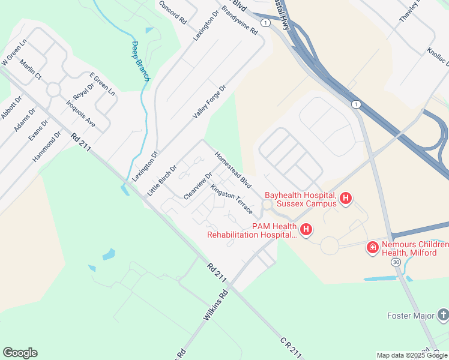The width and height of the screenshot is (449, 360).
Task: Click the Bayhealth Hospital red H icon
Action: click(x=345, y=199)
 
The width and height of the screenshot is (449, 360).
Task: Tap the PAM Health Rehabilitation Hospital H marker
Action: click(x=306, y=230)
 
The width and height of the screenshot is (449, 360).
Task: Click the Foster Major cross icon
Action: click(x=442, y=315)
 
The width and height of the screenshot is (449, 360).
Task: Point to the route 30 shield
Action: click(x=395, y=262)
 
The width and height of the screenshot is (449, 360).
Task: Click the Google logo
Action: click(x=20, y=353)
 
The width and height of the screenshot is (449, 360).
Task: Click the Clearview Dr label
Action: click(x=198, y=186)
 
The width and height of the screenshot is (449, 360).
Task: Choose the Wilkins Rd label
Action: click(x=216, y=305)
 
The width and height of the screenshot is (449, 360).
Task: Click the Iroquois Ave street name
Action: click(x=81, y=113)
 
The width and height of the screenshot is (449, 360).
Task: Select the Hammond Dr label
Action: click(x=47, y=147)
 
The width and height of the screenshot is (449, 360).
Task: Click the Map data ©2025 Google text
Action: click(x=412, y=355)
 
